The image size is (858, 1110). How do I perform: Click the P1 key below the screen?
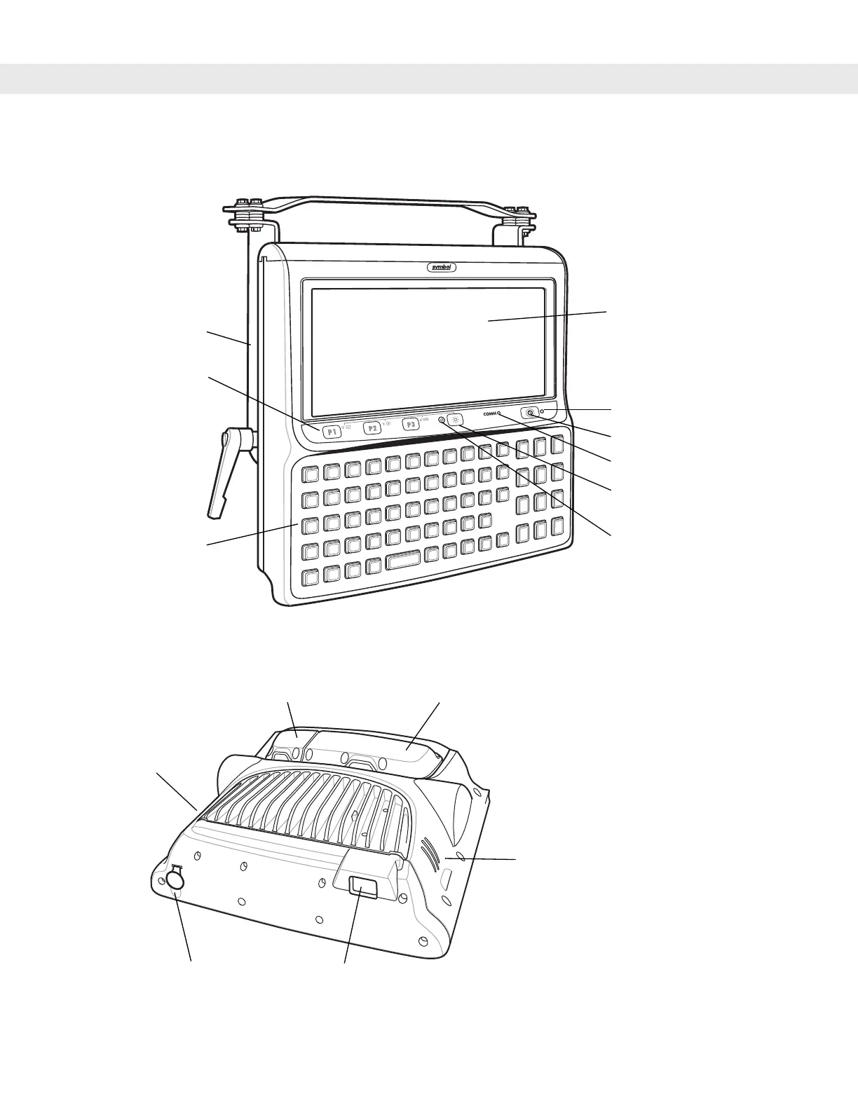(x=332, y=432)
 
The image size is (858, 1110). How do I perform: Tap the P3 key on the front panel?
(x=411, y=425)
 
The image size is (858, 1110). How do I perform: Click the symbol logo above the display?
(x=442, y=267)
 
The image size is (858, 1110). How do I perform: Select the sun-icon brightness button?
(x=456, y=420)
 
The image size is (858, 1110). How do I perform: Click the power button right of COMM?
(x=530, y=413)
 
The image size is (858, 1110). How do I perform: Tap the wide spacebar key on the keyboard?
(x=402, y=559)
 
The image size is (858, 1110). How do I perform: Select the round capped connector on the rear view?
(x=175, y=881)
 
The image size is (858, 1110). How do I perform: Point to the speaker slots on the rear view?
(x=428, y=851)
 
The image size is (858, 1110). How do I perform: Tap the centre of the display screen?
(x=428, y=351)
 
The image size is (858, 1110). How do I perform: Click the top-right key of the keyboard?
(x=557, y=444)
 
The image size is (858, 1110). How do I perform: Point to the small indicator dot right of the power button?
(x=543, y=411)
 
